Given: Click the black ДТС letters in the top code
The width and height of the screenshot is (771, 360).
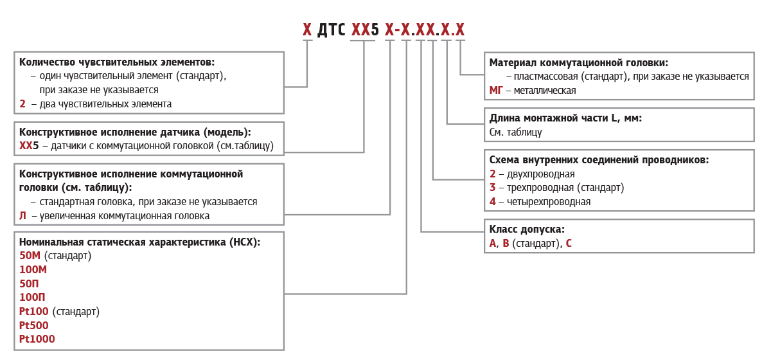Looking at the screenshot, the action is tap(331, 30).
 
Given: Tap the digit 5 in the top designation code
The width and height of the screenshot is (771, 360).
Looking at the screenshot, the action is tap(375, 30).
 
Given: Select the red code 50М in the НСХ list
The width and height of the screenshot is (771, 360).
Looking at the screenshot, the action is tap(30, 256).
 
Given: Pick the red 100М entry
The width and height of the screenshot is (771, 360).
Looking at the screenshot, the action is tap(33, 269).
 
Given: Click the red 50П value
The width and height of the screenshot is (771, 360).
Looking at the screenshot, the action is tap(29, 283).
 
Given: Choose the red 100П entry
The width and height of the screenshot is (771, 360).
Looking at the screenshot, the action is tap(32, 297).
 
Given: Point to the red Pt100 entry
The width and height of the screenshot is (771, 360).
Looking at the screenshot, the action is tap(33, 311).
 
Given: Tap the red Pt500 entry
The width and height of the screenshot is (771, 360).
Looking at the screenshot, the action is tap(33, 325).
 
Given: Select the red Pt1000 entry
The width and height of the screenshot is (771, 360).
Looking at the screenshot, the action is tap(37, 339).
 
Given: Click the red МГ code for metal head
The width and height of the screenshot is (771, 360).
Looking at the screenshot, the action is tap(496, 90).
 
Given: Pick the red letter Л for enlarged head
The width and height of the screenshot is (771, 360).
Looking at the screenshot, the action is tap(22, 215).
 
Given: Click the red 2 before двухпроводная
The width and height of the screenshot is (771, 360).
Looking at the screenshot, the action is tap(493, 174).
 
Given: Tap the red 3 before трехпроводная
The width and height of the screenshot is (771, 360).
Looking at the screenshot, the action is tap(493, 188).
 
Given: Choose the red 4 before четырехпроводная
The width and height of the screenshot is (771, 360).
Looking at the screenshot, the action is tap(493, 201).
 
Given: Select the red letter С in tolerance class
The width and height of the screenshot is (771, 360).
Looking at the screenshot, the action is tap(569, 243).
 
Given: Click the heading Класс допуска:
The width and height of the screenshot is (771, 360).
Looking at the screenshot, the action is tap(527, 230).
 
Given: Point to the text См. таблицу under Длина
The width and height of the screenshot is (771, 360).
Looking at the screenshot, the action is tap(515, 132).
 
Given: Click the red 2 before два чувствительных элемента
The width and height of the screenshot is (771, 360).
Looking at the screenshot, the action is tap(22, 104).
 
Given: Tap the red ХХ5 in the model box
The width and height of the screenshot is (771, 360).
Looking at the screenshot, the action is tap(29, 146).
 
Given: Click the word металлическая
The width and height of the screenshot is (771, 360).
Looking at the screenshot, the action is tap(545, 90).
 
